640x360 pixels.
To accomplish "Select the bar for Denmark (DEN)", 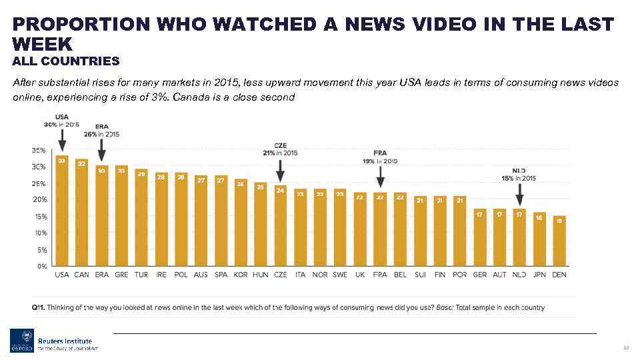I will pyautogui.click(x=560, y=241).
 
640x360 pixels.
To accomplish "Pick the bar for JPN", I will pyautogui.click(x=540, y=239).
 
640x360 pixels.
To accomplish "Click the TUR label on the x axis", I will pyautogui.click(x=141, y=275).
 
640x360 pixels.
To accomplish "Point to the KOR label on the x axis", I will pyautogui.click(x=241, y=275).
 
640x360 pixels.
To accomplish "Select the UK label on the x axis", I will pyautogui.click(x=360, y=275).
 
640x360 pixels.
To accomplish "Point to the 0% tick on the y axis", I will pyautogui.click(x=41, y=267).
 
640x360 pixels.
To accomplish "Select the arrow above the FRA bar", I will pyautogui.click(x=380, y=177).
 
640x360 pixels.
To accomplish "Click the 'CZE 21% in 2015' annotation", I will pyautogui.click(x=281, y=149).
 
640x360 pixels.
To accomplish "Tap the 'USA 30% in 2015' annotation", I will pyautogui.click(x=61, y=121).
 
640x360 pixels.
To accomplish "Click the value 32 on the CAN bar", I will pyautogui.click(x=82, y=163).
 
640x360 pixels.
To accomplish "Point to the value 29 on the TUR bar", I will pyautogui.click(x=141, y=173).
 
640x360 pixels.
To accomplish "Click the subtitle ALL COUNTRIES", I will pyautogui.click(x=66, y=61).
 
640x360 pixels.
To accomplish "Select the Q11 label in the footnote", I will pyautogui.click(x=38, y=307).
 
